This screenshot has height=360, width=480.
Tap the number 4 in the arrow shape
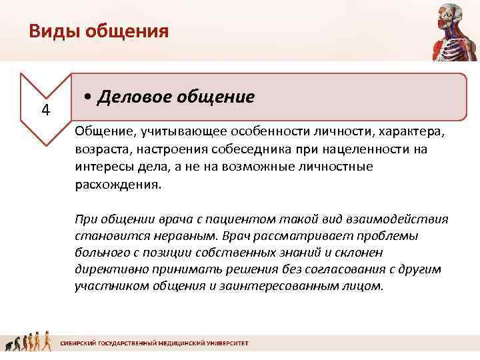(x=45, y=110)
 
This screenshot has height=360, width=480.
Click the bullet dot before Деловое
(x=89, y=98)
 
